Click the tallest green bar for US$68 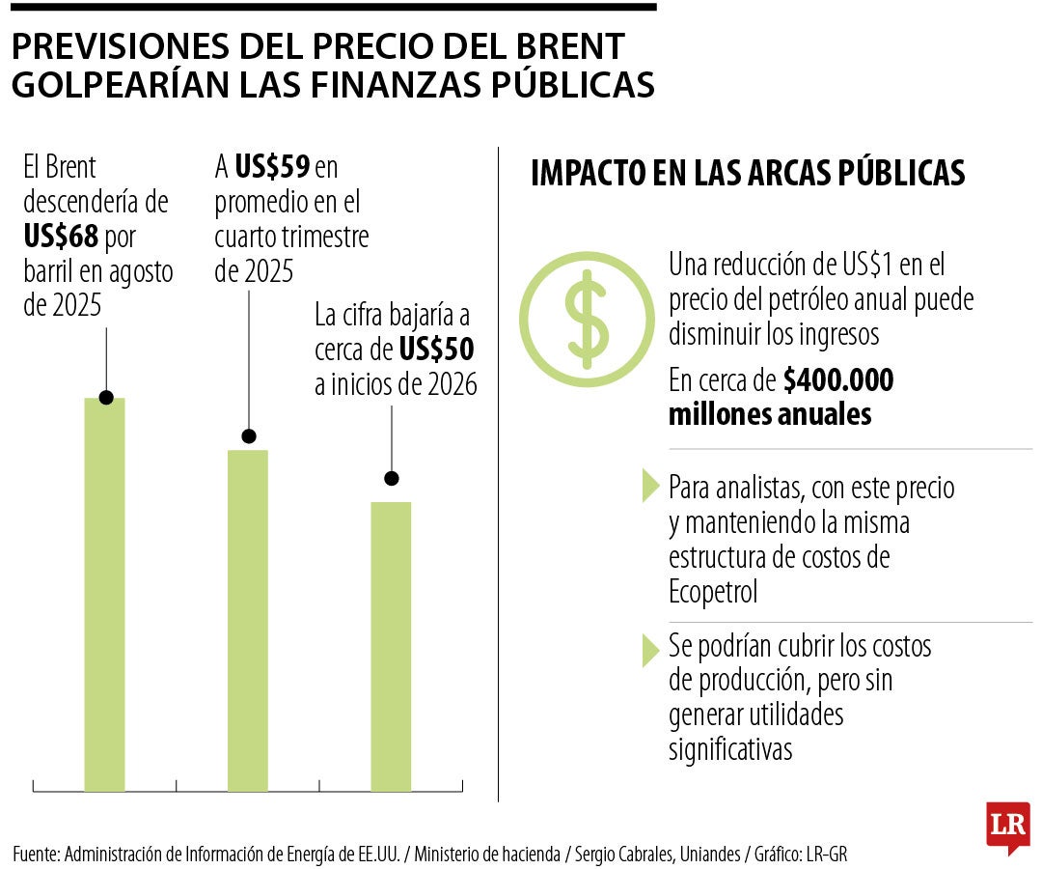coord(104,594)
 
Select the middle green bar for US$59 coord(248,620)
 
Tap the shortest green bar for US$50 coord(391,646)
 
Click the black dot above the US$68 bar coord(106,398)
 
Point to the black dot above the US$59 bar coord(249,435)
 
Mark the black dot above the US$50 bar coord(392,478)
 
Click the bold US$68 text coord(62,237)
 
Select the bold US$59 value coord(271,168)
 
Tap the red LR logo coord(1007,827)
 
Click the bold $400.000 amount coord(837,380)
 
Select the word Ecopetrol coord(713,591)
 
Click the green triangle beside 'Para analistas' coord(650,487)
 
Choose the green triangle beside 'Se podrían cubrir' coord(650,651)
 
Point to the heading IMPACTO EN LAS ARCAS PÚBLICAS coord(748,173)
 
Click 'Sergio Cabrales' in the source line coord(620,854)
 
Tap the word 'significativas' coord(730,749)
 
